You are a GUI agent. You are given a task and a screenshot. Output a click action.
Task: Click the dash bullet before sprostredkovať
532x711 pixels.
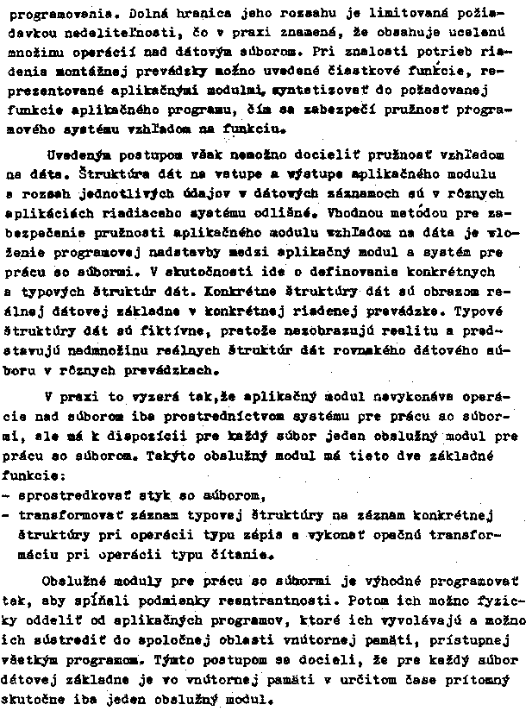pos(7,495)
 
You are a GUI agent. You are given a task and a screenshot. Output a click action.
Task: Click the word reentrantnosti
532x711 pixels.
pos(282,600)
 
